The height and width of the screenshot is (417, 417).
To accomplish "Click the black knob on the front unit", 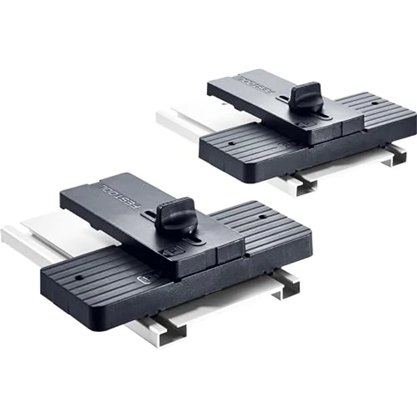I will pyautogui.click(x=176, y=216).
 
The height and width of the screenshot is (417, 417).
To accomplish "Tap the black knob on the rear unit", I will pyautogui.click(x=307, y=97).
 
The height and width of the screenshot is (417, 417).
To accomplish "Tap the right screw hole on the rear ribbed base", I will pyautogui.click(x=375, y=104).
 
